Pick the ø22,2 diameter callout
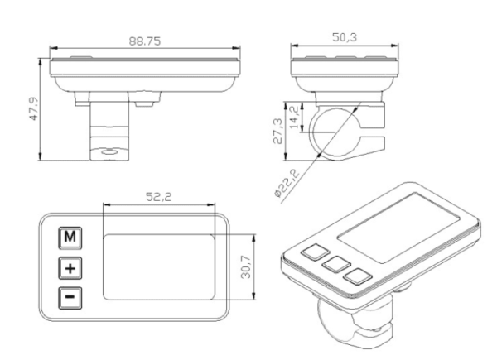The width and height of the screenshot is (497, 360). click(286, 181)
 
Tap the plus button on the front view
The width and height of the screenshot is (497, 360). click(71, 268)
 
